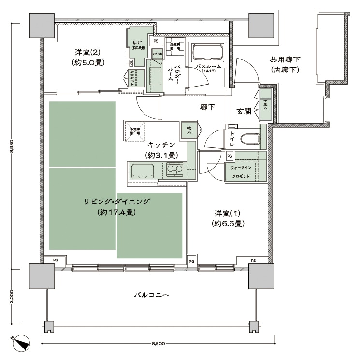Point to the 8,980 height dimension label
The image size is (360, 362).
12,145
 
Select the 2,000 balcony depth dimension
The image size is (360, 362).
12,296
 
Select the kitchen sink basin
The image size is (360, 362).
143,171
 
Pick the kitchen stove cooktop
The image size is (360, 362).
175,170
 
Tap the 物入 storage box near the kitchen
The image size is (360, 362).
188,129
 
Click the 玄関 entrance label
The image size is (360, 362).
244,111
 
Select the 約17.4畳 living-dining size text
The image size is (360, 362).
115,212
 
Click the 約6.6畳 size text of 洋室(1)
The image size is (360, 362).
227,223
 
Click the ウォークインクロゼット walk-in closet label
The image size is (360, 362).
240,171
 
